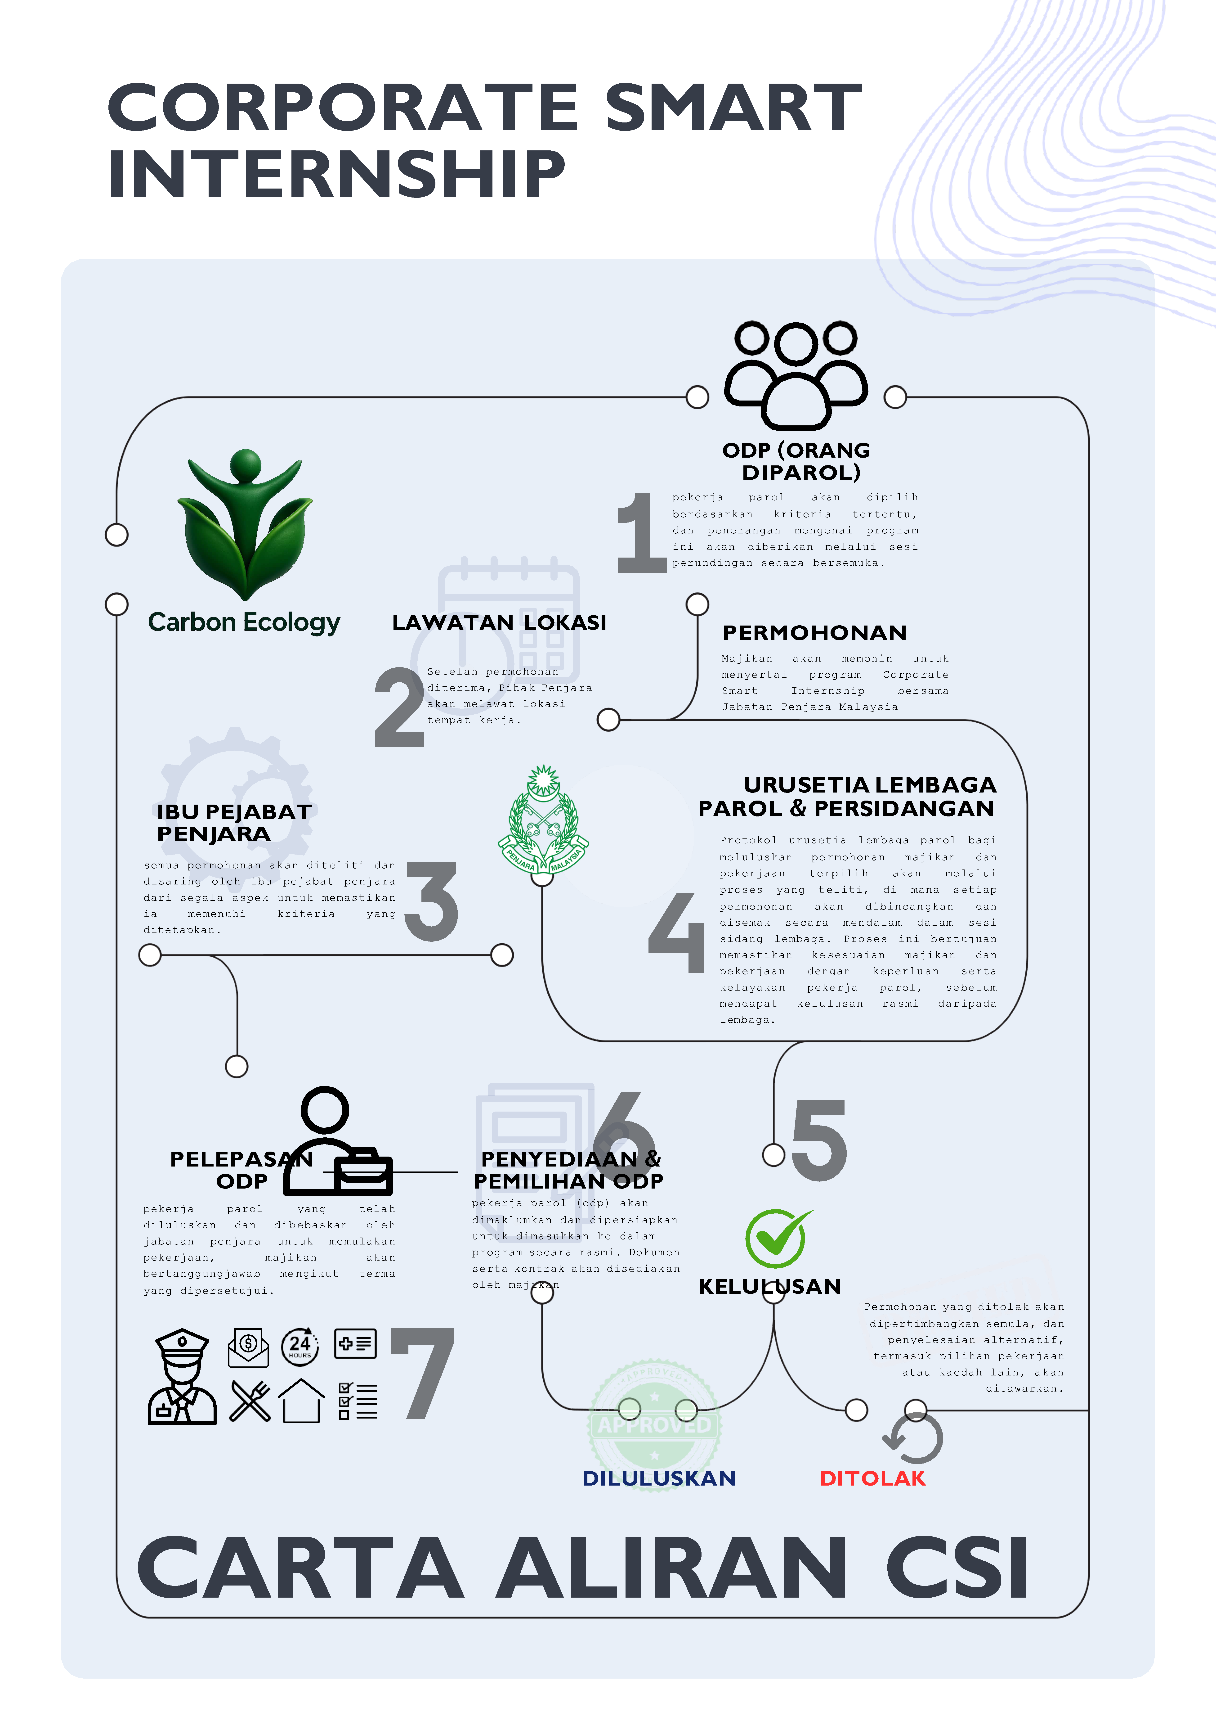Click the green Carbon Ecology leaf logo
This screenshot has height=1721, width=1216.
[244, 525]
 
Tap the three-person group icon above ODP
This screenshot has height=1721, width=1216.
[796, 375]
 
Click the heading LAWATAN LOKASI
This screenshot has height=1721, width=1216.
[499, 623]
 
